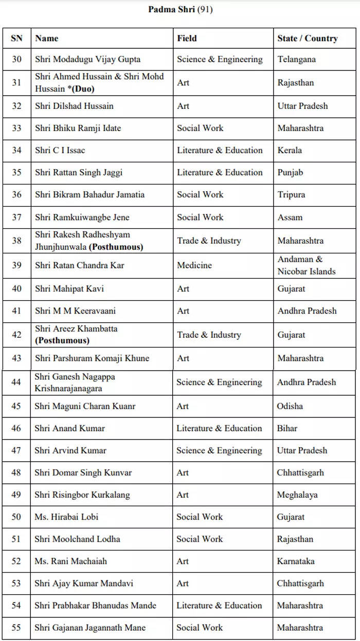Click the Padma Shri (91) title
tap(180, 10)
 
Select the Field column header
tap(187, 38)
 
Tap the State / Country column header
tap(307, 38)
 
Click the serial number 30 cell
tap(16, 59)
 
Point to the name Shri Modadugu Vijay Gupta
tap(87, 59)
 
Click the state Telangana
tap(296, 59)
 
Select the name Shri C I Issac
tap(60, 150)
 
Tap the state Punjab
tap(290, 172)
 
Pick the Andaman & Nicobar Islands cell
tap(306, 265)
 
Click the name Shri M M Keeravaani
tap(75, 310)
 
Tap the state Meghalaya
tap(297, 495)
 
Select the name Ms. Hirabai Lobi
tap(66, 517)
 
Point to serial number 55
tap(16, 627)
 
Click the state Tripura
tap(291, 194)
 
